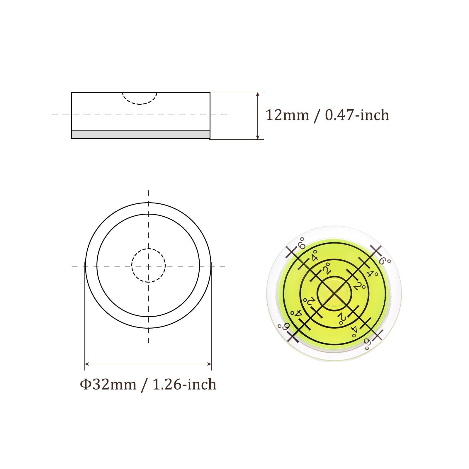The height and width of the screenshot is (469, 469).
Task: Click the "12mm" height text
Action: click(287, 115)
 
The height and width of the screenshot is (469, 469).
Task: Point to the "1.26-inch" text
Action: click(184, 384)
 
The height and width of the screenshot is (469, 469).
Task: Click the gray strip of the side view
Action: click(140, 135)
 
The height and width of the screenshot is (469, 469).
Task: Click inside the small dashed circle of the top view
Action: click(148, 266)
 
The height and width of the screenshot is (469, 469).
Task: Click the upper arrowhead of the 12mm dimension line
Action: click(258, 94)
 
